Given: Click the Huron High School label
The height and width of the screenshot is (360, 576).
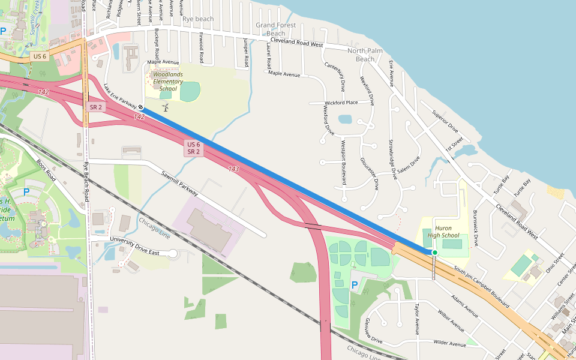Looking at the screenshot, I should [x=443, y=232].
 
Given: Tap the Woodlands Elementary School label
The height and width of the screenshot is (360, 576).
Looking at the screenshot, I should [x=164, y=82].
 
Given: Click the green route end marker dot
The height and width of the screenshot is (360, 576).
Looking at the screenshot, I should [x=434, y=253].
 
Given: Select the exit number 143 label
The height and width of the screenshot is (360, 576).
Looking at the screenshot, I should [x=233, y=169].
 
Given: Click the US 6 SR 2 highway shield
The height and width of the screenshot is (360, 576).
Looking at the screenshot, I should [x=193, y=148].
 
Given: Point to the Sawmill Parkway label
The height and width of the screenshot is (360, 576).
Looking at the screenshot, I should [x=179, y=183].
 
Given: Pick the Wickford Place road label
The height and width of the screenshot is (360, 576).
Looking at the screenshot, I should [x=341, y=103].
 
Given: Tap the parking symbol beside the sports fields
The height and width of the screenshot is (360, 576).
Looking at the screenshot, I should [x=353, y=284].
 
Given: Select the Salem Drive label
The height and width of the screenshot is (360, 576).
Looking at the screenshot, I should [x=407, y=166].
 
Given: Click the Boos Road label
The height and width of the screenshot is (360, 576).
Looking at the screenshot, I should [x=46, y=171].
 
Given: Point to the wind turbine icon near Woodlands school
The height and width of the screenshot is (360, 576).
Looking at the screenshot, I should [x=165, y=107].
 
